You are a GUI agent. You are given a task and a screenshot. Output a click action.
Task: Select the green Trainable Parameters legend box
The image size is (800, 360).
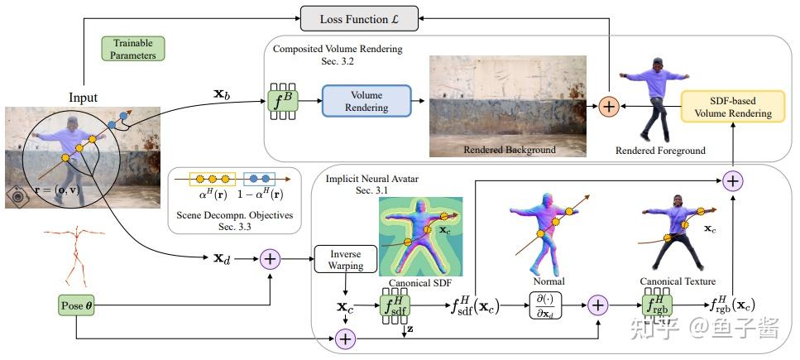click(133, 47)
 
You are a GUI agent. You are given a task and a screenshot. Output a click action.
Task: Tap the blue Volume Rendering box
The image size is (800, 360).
click(366, 100)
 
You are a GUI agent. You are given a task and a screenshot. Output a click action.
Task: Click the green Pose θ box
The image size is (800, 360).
click(77, 305)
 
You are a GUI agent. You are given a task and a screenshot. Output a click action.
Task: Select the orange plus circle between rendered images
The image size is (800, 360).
click(610, 106)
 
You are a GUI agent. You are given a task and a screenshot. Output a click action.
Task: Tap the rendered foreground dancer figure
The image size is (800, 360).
click(659, 100)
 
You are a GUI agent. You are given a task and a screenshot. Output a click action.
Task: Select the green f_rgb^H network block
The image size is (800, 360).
click(656, 305)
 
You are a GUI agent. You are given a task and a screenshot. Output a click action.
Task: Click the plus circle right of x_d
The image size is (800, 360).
click(271, 259)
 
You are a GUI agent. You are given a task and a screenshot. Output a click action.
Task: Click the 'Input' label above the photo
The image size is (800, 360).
click(83, 98)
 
